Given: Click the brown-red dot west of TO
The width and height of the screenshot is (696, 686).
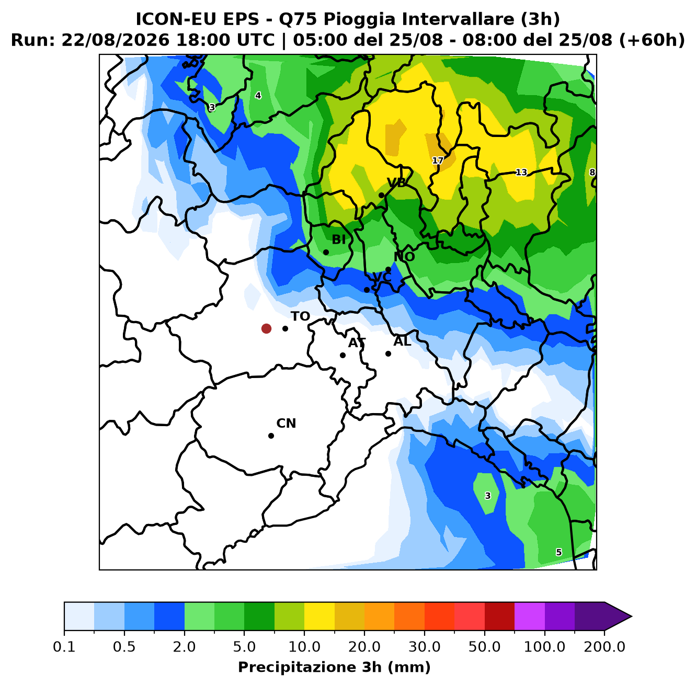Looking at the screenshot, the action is point(266,328).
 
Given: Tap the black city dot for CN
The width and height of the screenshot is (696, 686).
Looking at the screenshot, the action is point(271,436).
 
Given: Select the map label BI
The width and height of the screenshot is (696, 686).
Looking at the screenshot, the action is point(338,239).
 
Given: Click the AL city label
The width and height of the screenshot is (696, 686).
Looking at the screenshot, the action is point(402,341).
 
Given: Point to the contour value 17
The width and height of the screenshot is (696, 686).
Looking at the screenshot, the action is point(437,161).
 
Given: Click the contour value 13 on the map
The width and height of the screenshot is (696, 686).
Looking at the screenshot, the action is point(521,173).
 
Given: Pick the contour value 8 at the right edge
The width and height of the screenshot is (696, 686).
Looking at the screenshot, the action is point(592,173).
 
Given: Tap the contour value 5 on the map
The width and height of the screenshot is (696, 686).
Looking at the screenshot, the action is point(559,552).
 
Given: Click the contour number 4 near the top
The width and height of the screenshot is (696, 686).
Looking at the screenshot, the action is point(258,95).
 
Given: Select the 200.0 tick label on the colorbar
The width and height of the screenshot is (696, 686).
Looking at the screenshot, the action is point(604,646).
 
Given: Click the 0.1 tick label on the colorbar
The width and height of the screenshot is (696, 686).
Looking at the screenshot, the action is point(64,646).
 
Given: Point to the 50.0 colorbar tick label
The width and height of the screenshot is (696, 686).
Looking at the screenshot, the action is point(484,646).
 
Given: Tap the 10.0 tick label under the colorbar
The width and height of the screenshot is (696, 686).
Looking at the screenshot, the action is point(304,646).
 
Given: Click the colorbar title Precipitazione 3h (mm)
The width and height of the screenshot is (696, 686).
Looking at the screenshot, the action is point(334,667).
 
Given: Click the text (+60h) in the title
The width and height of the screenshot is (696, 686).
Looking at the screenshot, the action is point(652,40).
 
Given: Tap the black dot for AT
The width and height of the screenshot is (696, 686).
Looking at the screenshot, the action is point(343,355).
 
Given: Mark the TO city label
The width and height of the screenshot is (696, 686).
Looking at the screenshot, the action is point(301,316).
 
